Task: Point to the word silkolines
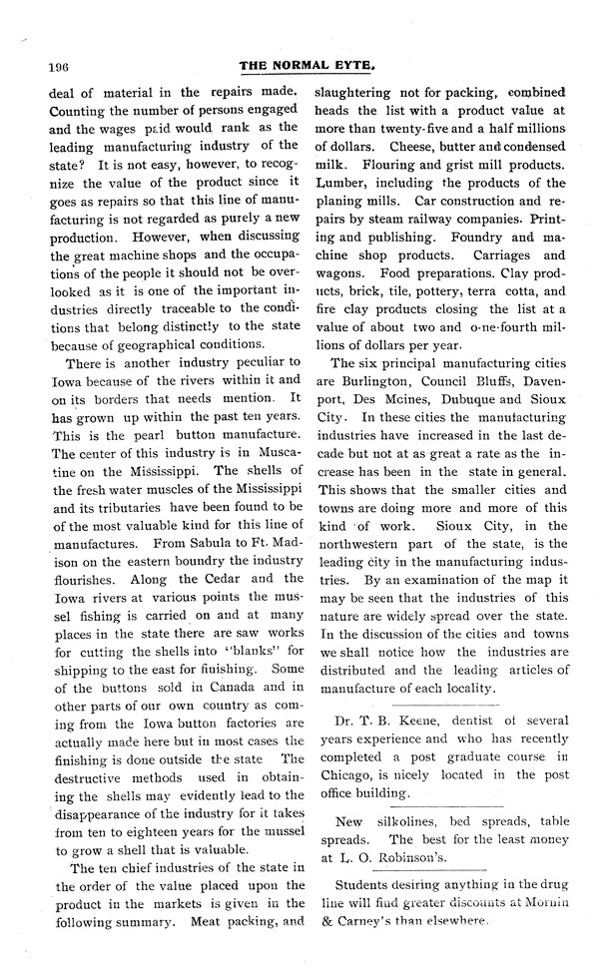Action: point(401,820)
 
